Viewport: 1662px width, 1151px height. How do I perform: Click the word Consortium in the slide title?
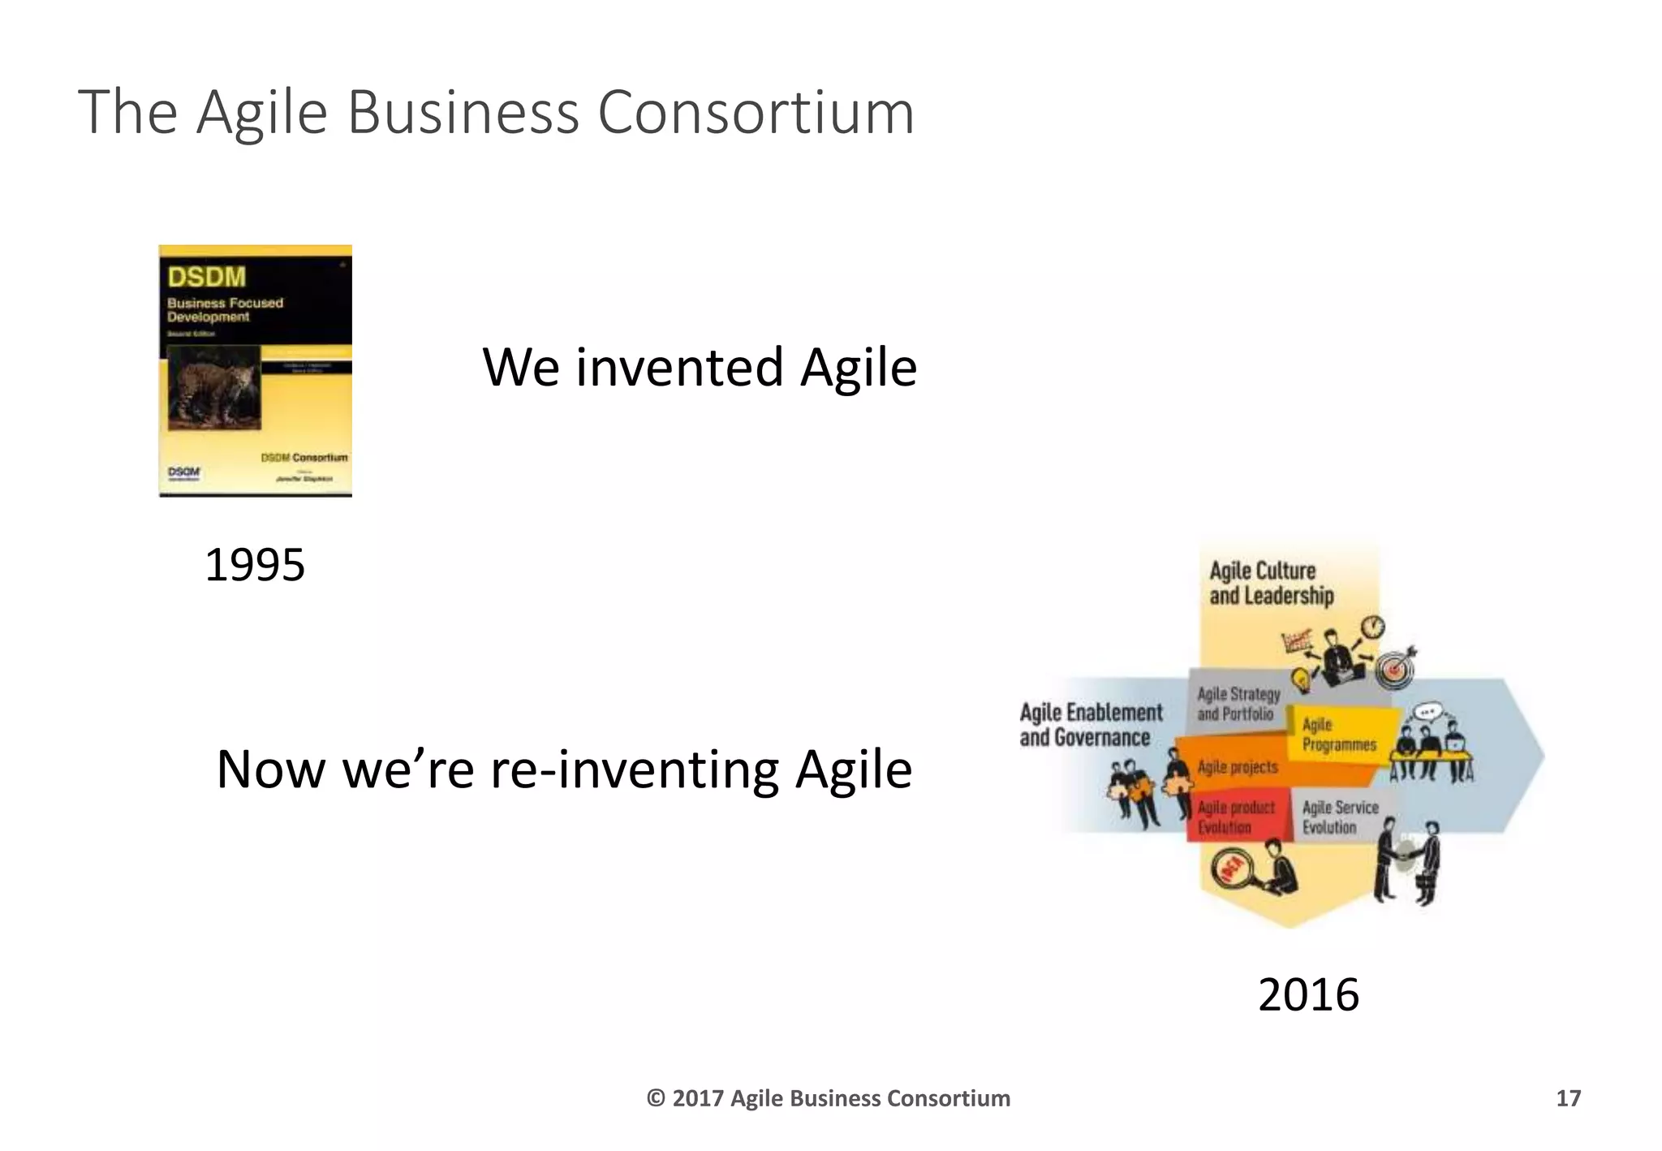pos(756,113)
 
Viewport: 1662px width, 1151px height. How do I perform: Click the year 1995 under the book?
pos(255,565)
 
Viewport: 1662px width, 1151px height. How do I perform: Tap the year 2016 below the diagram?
pos(1308,995)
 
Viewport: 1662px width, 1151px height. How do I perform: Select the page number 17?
pos(1568,1098)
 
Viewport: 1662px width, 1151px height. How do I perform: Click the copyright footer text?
pos(828,1098)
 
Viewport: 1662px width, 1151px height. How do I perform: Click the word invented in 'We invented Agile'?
pos(678,368)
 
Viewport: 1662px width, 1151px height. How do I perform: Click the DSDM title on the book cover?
pos(207,277)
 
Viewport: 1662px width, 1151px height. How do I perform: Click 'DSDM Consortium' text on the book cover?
pos(304,458)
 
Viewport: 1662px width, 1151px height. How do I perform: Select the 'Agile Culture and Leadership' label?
pos(1271,583)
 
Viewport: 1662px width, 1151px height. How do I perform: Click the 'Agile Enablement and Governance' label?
pos(1090,725)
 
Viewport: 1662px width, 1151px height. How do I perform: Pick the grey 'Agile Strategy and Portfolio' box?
pos(1238,704)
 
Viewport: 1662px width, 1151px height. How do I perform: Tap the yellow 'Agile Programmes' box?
pos(1339,734)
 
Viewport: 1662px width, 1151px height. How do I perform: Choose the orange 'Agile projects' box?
pos(1237,767)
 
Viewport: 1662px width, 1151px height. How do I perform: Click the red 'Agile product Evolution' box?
pos(1235,817)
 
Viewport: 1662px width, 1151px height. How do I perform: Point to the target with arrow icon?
pos(1396,667)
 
